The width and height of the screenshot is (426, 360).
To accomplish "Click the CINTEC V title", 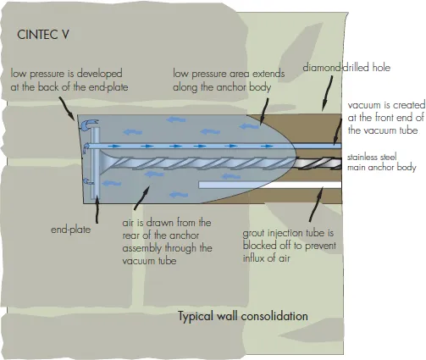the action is click(43, 35).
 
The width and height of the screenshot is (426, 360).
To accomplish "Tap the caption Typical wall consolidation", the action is click(243, 316).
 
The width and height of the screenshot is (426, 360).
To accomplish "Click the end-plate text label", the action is click(71, 230).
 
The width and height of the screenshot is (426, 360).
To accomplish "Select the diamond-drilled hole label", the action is click(346, 68).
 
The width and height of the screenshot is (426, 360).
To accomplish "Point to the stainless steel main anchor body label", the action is click(382, 162).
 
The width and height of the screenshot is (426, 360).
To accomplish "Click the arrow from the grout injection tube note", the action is click(317, 204).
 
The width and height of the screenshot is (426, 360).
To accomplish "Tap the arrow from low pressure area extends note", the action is click(264, 111).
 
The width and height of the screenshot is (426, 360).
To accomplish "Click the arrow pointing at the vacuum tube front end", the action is click(338, 129).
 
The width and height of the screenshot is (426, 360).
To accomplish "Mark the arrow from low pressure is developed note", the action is click(67, 109).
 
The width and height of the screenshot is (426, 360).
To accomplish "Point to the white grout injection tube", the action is click(270, 185).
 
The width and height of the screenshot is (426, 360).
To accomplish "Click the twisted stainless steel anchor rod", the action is click(220, 163).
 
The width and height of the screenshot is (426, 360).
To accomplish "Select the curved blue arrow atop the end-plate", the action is click(89, 125).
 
